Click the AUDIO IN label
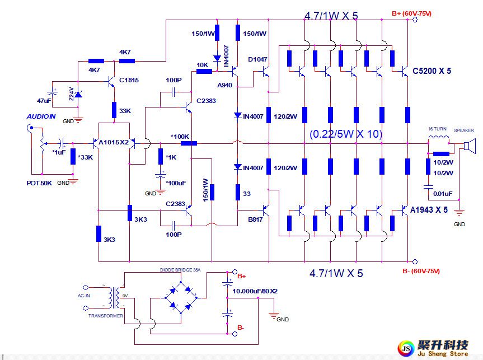click(41, 116)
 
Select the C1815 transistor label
click(129, 80)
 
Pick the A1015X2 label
click(114, 143)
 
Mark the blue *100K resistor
click(189, 143)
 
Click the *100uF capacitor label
click(175, 183)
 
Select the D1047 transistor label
click(258, 59)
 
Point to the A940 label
click(224, 85)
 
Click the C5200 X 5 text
click(431, 71)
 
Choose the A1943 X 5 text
click(429, 210)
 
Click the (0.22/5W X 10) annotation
click(345, 134)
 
